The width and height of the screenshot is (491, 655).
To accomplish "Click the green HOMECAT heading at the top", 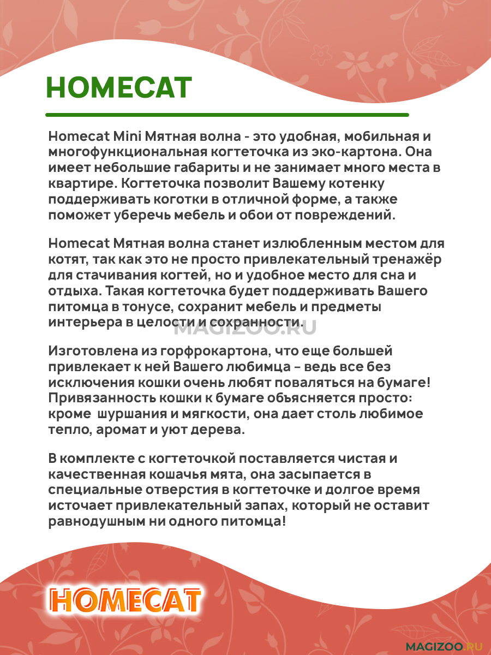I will [x=119, y=87].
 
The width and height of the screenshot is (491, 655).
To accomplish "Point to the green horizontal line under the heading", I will [x=227, y=115].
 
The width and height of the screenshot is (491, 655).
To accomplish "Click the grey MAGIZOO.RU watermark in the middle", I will [x=245, y=327].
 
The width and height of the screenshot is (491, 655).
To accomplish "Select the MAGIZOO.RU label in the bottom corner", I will [x=445, y=645].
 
